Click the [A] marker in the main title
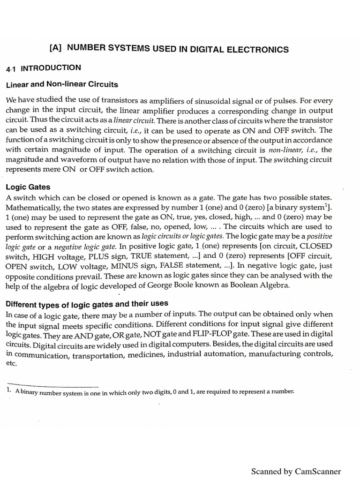56,49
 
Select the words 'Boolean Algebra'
255,286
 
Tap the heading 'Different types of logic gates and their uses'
87,303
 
